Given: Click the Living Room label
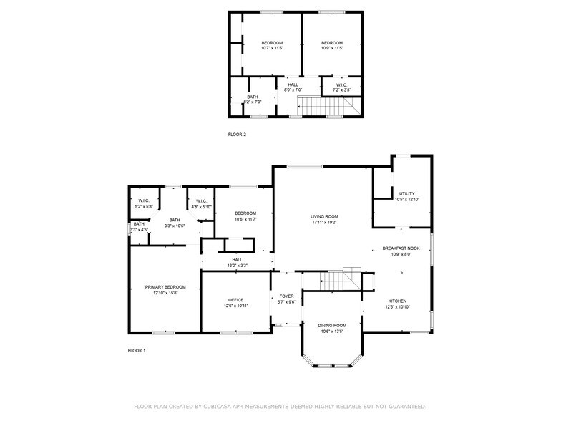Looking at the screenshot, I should pyautogui.click(x=324, y=216).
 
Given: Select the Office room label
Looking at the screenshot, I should pyautogui.click(x=236, y=300).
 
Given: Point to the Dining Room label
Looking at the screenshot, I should pyautogui.click(x=331, y=325).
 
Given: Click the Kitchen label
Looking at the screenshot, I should pyautogui.click(x=397, y=301).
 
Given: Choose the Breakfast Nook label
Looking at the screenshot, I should pyautogui.click(x=401, y=248).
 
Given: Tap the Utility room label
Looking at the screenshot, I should pyautogui.click(x=407, y=193).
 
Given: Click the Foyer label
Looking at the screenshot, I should pyautogui.click(x=286, y=296).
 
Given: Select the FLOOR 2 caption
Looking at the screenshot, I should pyautogui.click(x=237, y=135).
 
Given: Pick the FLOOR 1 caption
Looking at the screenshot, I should pyautogui.click(x=137, y=351).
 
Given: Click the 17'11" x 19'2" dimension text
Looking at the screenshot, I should pyautogui.click(x=324, y=222).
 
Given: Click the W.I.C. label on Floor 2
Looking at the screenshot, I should pyautogui.click(x=342, y=85).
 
